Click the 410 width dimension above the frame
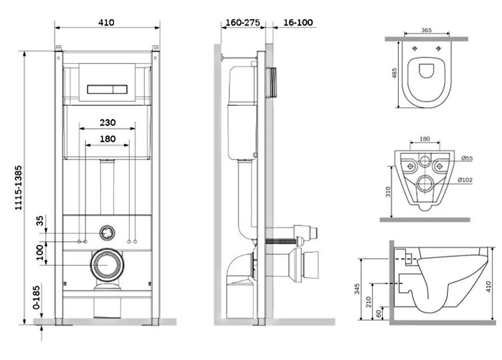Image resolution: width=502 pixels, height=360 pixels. click(106, 22)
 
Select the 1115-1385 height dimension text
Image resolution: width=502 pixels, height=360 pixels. click(19, 188)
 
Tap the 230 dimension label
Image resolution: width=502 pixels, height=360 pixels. click(107, 122)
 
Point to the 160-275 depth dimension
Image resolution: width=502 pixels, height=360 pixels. click(243, 23)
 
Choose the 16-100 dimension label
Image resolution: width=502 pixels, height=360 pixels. click(298, 23)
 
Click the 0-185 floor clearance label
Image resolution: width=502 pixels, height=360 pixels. click(37, 297)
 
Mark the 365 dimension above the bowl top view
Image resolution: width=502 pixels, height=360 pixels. click(426, 30)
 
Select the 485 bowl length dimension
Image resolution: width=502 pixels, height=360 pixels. click(394, 72)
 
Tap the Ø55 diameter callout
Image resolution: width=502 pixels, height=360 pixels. click(467, 158)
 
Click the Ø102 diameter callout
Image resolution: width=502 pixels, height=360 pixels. click(465, 180)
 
